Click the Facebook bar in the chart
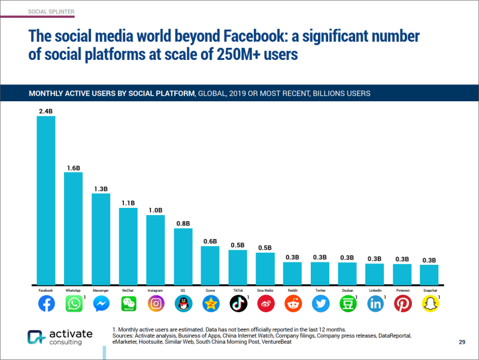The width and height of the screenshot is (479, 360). [46, 200]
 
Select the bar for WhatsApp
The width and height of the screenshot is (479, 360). [74, 228]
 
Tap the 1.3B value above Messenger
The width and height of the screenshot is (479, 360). [101, 189]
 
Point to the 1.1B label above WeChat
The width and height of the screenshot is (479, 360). [128, 203]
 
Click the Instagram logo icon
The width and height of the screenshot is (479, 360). [156, 304]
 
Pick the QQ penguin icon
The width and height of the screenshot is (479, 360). [183, 304]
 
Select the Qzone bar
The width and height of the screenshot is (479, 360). [210, 265]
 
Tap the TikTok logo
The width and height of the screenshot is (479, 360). [238, 304]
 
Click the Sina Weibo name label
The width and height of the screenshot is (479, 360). [265, 291]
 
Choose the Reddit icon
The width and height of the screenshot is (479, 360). [293, 304]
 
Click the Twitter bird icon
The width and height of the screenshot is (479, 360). [320, 304]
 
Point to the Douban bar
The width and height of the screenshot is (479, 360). [347, 273]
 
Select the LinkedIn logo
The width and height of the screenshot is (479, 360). [375, 304]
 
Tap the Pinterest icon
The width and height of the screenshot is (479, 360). [402, 304]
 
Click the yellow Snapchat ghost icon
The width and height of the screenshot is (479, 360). [429, 304]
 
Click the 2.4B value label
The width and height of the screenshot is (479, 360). [46, 111]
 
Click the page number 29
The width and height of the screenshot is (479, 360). [462, 342]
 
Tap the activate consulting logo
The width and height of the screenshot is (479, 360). [57, 337]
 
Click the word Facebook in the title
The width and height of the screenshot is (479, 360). [247, 35]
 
